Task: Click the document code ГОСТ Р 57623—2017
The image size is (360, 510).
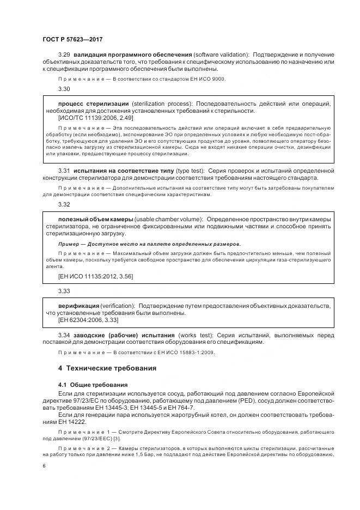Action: pos(72,40)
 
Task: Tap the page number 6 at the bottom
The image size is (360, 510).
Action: pos(44,466)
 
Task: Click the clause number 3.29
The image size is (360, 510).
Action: pos(64,55)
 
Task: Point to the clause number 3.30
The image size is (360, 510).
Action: pos(64,88)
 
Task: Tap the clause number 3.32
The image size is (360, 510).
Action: pos(64,204)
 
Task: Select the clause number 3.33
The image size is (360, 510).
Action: pos(64,291)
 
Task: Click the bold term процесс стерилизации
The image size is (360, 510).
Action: pos(93,104)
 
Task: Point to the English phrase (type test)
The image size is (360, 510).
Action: pos(191,171)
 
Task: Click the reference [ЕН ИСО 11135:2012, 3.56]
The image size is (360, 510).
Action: pos(95,276)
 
